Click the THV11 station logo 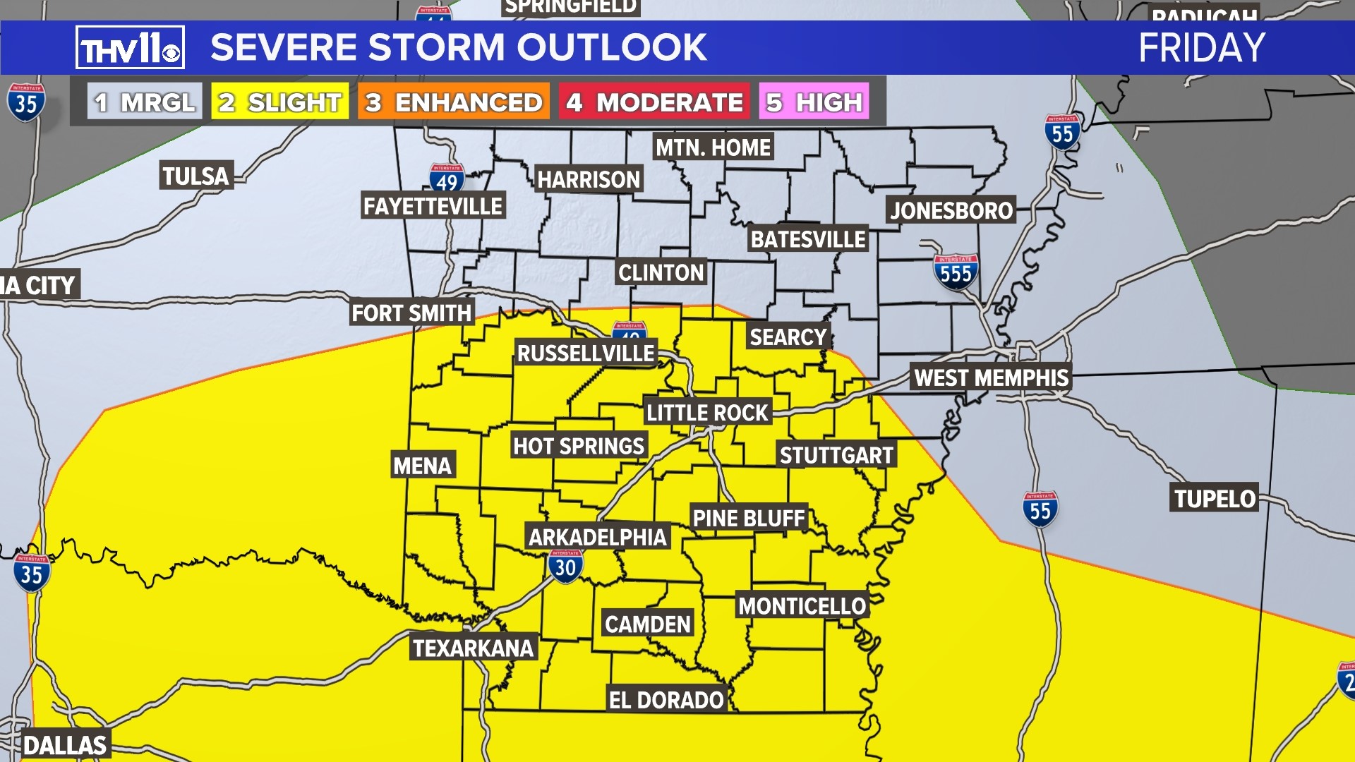(130, 48)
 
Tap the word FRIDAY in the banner (1201, 48)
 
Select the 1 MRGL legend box (145, 102)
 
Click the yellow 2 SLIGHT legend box (279, 102)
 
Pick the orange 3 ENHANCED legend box (453, 102)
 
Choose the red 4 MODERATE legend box (654, 102)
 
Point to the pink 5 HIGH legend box (814, 102)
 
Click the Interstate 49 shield (447, 179)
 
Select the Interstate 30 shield (565, 567)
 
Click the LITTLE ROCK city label (707, 413)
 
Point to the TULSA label (195, 176)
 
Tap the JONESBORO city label (951, 210)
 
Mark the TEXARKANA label (473, 648)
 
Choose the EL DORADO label (666, 700)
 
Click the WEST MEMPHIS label (991, 377)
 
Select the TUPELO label (1215, 499)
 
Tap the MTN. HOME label (713, 147)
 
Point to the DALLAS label (64, 745)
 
